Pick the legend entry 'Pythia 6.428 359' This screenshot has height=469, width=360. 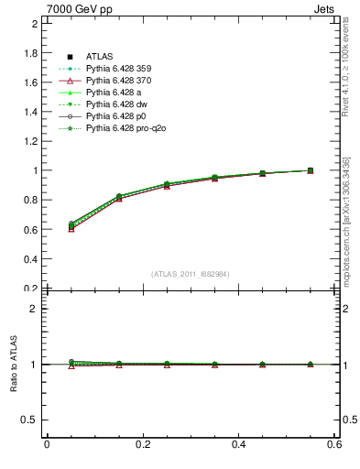tap(119, 70)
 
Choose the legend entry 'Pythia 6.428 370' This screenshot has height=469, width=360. tap(119, 82)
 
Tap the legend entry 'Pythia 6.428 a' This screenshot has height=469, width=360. tap(114, 93)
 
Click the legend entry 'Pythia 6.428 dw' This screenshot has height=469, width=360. tap(116, 104)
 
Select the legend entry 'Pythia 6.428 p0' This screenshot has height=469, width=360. tap(116, 116)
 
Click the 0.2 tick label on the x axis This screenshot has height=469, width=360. tap(143, 445)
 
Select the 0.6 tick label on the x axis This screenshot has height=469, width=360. tap(335, 445)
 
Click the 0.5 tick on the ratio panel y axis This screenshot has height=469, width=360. tap(31, 420)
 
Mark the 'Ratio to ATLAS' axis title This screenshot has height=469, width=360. tap(14, 365)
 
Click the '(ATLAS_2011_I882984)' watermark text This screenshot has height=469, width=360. tap(191, 274)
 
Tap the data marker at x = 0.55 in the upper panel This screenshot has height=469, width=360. tap(311, 170)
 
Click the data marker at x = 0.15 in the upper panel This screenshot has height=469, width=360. tap(118, 197)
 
